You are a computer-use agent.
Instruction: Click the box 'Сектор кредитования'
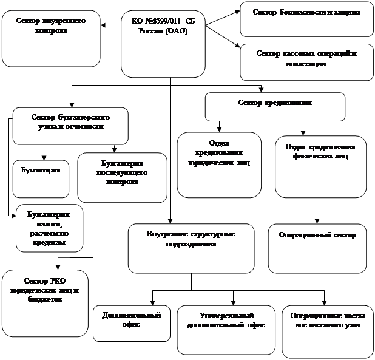point(275,106)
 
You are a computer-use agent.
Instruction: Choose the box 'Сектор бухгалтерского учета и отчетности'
point(70,126)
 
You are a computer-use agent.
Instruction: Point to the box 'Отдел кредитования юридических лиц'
point(218,164)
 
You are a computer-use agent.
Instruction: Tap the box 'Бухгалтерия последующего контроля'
point(122,177)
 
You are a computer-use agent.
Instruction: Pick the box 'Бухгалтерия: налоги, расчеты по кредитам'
point(49,228)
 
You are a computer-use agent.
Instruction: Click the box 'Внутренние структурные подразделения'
point(191,248)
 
